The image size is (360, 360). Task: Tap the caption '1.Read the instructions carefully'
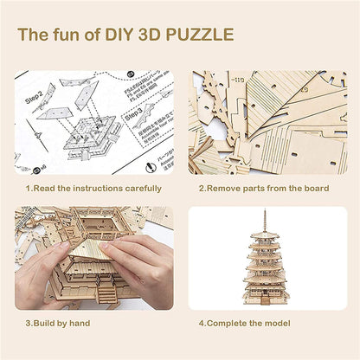click(x=93, y=188)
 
